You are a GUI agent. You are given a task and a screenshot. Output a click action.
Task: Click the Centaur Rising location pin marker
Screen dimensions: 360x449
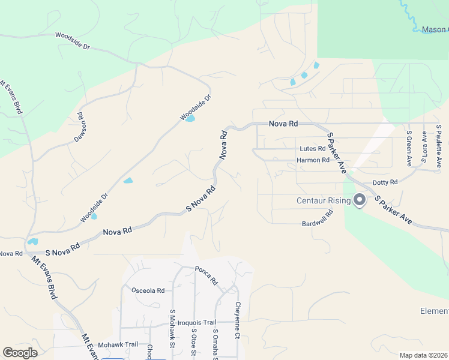[360, 200]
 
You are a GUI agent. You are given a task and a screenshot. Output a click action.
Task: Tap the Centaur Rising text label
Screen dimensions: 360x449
[324, 200]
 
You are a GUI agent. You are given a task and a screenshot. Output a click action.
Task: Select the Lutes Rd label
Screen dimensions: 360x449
[313, 149]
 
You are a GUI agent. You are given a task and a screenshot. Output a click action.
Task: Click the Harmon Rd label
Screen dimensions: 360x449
[313, 160]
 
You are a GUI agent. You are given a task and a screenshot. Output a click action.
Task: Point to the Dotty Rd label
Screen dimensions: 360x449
[385, 182]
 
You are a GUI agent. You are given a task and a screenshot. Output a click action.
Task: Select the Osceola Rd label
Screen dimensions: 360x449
[148, 290]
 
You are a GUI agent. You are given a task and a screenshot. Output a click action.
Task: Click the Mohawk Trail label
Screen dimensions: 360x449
[118, 344]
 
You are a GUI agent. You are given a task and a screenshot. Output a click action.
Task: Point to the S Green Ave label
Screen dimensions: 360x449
[409, 148]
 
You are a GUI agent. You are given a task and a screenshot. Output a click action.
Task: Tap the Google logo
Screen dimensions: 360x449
[20, 353]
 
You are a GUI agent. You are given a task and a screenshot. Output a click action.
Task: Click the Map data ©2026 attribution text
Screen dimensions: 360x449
[423, 355]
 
